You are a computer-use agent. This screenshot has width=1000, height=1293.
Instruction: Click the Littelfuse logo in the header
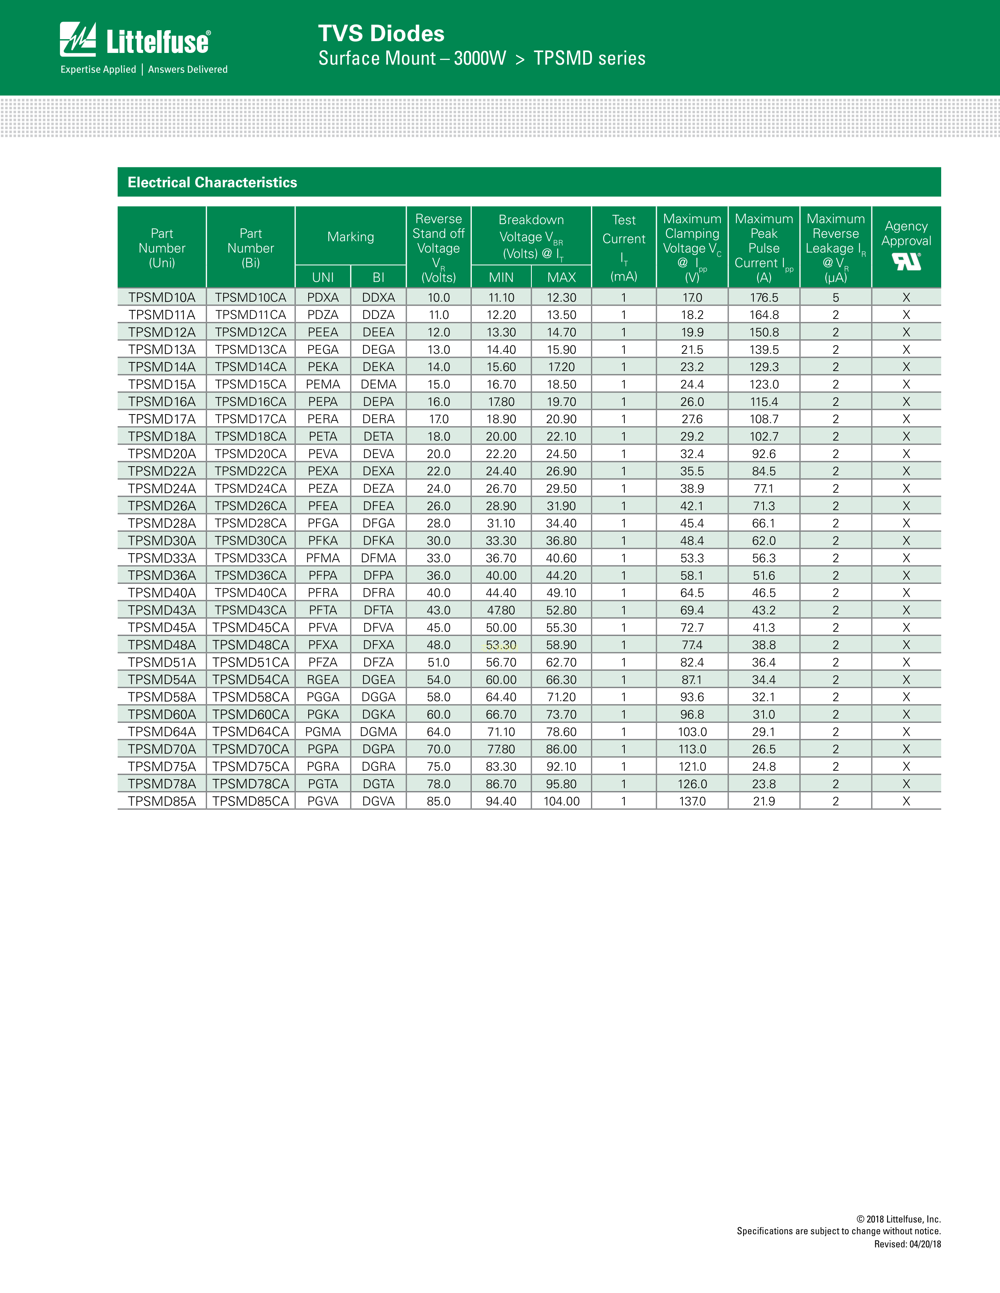pyautogui.click(x=135, y=40)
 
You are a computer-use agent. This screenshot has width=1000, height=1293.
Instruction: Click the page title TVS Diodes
pyautogui.click(x=381, y=34)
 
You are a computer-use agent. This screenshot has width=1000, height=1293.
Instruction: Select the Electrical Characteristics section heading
pyautogui.click(x=212, y=182)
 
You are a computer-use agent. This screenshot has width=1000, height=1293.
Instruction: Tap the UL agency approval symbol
pyautogui.click(x=906, y=261)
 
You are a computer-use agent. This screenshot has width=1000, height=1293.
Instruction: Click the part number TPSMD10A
pyautogui.click(x=162, y=297)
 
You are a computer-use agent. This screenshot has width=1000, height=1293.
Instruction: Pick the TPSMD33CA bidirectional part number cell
pyautogui.click(x=251, y=558)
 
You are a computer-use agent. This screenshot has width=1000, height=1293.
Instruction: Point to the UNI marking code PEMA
pyautogui.click(x=323, y=384)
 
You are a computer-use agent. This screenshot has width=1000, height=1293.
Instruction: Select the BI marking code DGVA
pyautogui.click(x=378, y=801)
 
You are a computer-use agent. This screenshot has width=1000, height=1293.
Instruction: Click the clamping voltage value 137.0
pyautogui.click(x=692, y=801)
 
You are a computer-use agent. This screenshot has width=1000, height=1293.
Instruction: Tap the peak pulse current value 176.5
pyautogui.click(x=764, y=297)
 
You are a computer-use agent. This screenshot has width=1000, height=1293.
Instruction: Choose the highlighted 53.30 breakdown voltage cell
pyautogui.click(x=501, y=645)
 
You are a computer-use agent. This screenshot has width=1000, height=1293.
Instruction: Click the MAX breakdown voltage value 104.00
pyautogui.click(x=562, y=801)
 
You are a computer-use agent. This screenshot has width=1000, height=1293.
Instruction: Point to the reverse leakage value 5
pyautogui.click(x=835, y=297)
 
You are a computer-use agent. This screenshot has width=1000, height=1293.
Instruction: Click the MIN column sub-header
pyautogui.click(x=501, y=277)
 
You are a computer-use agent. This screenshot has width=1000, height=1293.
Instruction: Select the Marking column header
pyautogui.click(x=351, y=237)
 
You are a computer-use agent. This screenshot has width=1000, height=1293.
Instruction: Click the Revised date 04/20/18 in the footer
pyautogui.click(x=907, y=1244)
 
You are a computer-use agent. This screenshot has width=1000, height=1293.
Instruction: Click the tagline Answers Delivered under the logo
pyautogui.click(x=188, y=69)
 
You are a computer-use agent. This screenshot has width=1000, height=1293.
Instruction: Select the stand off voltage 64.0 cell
pyautogui.click(x=438, y=732)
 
